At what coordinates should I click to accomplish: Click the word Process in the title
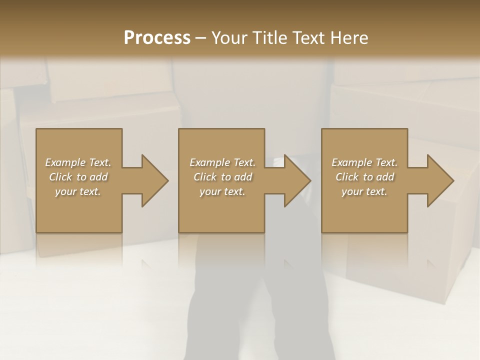[x=157, y=38]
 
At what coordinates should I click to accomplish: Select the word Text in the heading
[x=309, y=38]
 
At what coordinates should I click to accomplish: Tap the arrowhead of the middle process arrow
[x=297, y=180]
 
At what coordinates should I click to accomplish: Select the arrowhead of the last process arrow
[x=440, y=180]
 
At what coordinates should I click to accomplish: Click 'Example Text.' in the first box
[x=78, y=162]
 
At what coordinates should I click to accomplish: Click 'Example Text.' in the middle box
[x=222, y=162]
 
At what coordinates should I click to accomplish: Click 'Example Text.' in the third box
[x=364, y=162]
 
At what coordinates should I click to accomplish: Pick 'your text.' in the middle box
[x=222, y=191]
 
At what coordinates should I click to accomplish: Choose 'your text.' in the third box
[x=364, y=191]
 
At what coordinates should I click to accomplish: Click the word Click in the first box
[x=60, y=177]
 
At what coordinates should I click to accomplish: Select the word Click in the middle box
[x=205, y=177]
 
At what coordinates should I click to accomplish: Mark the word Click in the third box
[x=347, y=177]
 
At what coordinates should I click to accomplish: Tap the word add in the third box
[x=384, y=177]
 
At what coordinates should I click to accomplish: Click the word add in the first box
[x=98, y=177]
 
